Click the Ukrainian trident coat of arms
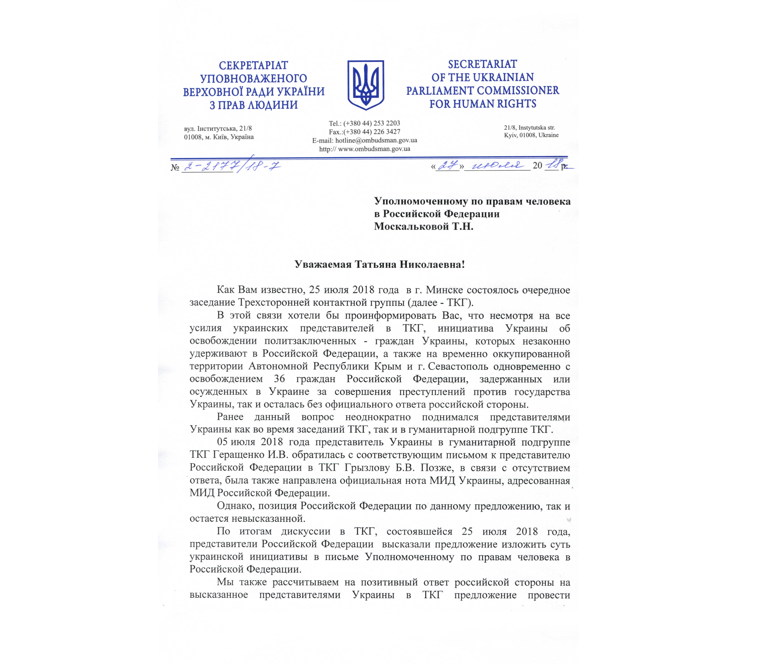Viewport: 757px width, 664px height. click(366, 85)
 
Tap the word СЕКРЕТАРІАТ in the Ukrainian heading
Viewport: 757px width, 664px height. click(253, 65)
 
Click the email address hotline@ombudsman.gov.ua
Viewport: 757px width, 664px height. click(376, 140)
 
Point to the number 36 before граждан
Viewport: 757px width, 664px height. click(279, 379)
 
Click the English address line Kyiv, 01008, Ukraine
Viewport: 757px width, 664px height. click(531, 135)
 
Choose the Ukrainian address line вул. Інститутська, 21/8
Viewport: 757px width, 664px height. click(218, 129)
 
